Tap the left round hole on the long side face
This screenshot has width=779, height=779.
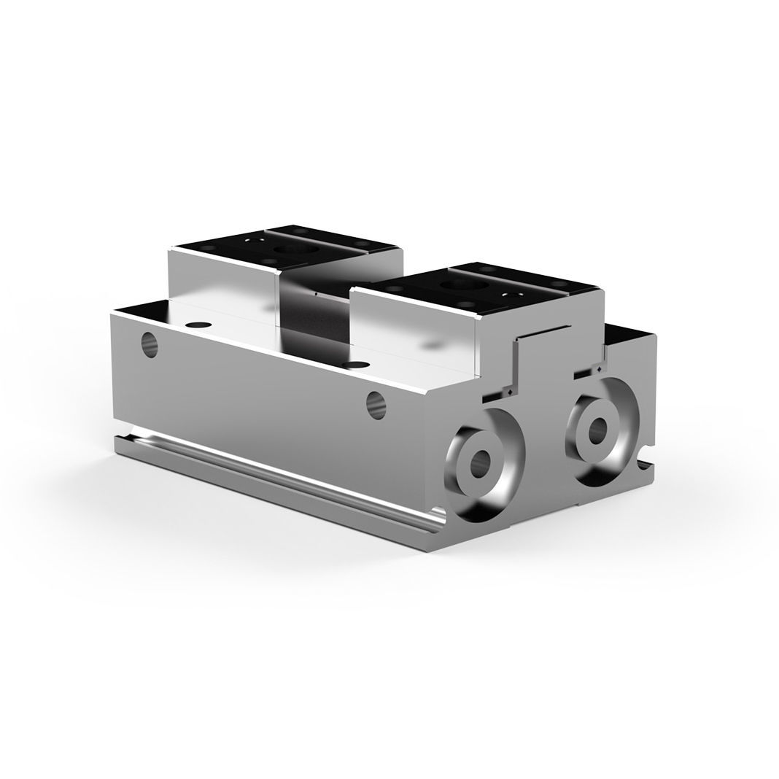tap(150, 344)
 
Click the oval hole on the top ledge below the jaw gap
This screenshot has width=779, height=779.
tap(356, 363)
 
